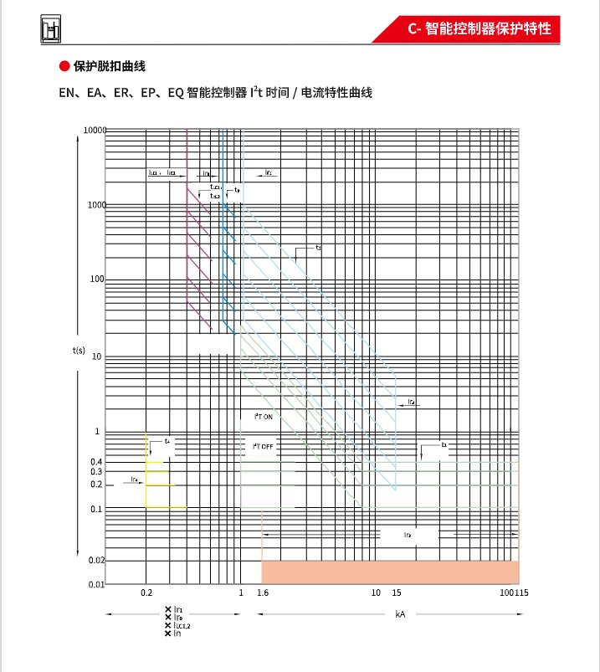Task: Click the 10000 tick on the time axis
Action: coord(95,131)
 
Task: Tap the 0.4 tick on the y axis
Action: coord(96,462)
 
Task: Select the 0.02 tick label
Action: coord(95,560)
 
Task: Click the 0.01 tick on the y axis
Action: coord(95,583)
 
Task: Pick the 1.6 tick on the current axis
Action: coord(262,592)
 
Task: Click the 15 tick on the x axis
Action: coord(397,592)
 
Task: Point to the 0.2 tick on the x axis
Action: coord(146,592)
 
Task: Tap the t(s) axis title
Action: coord(79,350)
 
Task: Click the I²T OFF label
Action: coord(264,446)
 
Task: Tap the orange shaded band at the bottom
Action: coord(390,572)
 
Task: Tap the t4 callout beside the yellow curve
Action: coord(167,441)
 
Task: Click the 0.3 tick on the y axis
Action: coord(96,472)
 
